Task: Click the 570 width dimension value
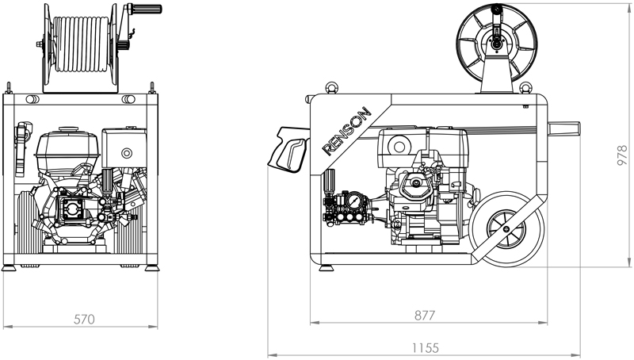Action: (84, 320)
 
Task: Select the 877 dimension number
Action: (425, 315)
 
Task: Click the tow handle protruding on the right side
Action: (564, 128)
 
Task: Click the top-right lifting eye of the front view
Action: (150, 86)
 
